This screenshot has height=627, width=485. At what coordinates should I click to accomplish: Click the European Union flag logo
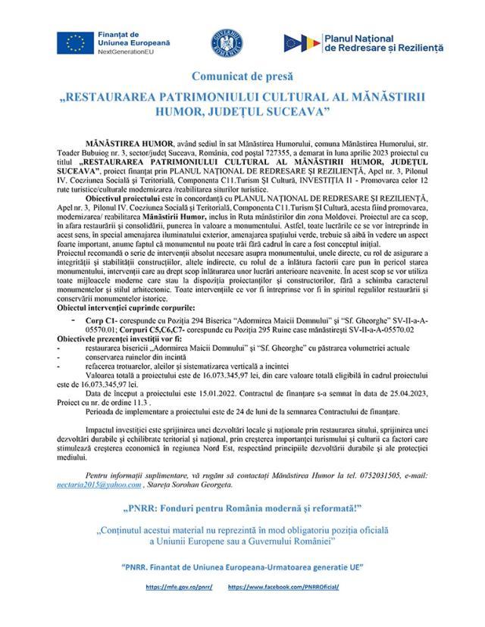coord(75,45)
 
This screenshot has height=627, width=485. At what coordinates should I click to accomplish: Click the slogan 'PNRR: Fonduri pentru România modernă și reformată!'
coord(242,506)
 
